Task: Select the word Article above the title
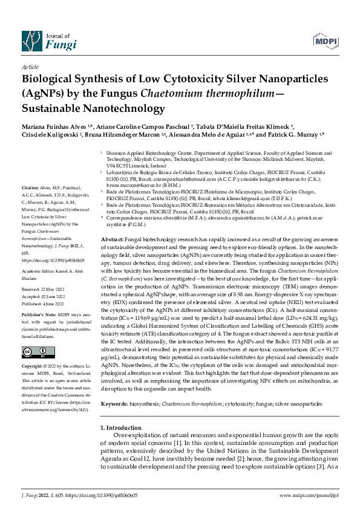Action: pos(30,67)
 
